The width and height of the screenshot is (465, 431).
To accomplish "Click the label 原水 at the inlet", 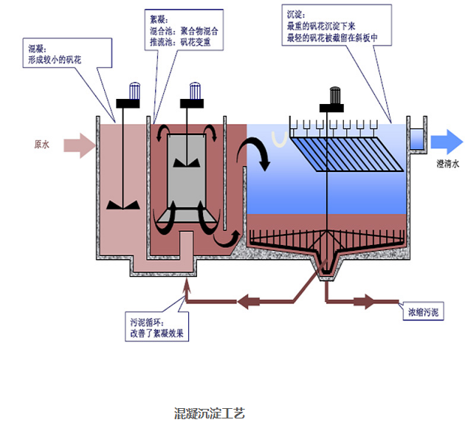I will click(41, 145).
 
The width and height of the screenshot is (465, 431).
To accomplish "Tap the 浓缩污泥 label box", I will click(424, 313).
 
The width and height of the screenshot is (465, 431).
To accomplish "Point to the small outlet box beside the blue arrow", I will click(416, 137).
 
